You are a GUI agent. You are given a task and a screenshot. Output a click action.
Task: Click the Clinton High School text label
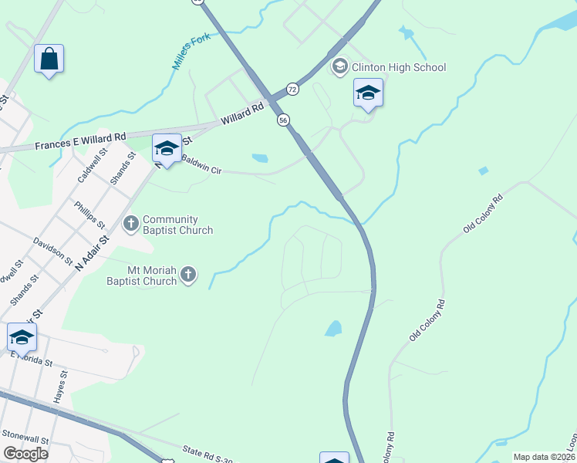click(399, 67)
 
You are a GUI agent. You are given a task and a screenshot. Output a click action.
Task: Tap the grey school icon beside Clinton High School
click(339, 67)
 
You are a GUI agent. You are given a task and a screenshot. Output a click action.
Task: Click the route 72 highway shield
click(292, 90)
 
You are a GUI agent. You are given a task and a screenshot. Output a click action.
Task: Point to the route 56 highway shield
click(284, 120)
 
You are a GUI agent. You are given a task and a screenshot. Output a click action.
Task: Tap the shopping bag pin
click(49, 59)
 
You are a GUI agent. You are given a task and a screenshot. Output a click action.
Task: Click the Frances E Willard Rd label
click(80, 141)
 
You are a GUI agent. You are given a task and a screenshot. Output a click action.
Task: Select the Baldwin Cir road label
click(201, 165)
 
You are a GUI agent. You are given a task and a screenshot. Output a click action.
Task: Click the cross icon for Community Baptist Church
click(131, 224)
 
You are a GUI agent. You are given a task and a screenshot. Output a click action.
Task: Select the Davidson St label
click(52, 251)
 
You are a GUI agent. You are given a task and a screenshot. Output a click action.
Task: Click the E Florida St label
click(31, 359)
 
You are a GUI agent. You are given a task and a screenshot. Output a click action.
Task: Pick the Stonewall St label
click(25, 436)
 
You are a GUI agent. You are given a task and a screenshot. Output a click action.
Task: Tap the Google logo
click(26, 453)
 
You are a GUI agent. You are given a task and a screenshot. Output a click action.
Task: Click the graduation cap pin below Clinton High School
click(369, 94)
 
